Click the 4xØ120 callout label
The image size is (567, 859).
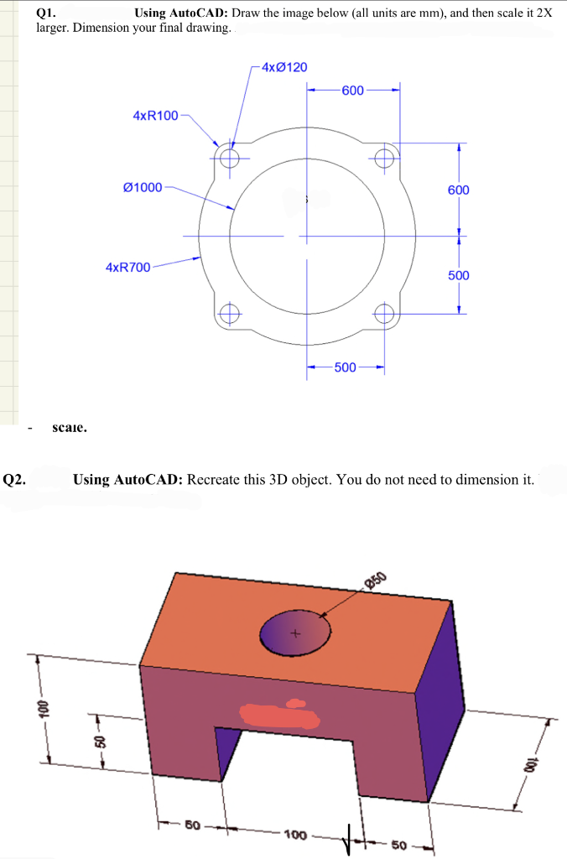click(x=283, y=66)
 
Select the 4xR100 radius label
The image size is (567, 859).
click(x=155, y=115)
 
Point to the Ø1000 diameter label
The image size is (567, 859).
click(x=143, y=187)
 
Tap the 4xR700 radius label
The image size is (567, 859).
click(x=127, y=267)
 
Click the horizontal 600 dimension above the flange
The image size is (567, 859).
click(x=353, y=91)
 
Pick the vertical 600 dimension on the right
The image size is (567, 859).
click(x=458, y=190)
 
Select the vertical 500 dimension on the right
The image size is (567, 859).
click(x=458, y=275)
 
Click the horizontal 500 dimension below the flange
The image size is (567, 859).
click(x=346, y=367)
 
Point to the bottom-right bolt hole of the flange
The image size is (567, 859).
click(x=384, y=314)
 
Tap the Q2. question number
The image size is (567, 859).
click(x=14, y=480)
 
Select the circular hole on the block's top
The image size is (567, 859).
click(x=295, y=633)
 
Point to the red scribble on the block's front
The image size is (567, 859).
click(x=280, y=715)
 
